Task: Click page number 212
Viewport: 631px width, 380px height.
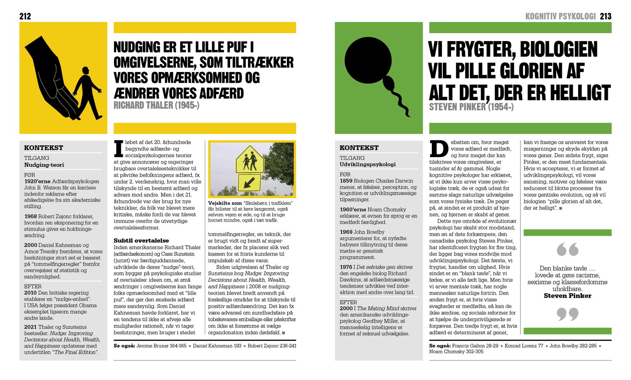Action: [x=25, y=17]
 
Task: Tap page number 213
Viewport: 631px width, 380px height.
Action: [x=605, y=17]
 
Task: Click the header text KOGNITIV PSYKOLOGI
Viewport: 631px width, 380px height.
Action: [x=560, y=17]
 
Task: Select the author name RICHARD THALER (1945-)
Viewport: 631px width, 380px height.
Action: [x=156, y=106]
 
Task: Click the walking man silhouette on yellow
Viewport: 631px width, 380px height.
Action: [x=88, y=92]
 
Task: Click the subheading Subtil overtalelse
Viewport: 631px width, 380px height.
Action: [x=141, y=240]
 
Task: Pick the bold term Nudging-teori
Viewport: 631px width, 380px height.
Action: [x=44, y=165]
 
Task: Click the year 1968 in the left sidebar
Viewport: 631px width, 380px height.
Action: [x=31, y=216]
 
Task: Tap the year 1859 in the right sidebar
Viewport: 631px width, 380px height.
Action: [x=346, y=181]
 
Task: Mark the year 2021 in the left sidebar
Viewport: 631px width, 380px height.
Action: [x=31, y=327]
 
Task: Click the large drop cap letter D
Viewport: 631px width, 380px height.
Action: [x=439, y=149]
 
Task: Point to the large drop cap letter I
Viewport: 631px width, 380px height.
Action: [x=118, y=149]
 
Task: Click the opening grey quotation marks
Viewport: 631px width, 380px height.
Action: [x=567, y=250]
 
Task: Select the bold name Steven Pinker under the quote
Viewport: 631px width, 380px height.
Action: [x=567, y=296]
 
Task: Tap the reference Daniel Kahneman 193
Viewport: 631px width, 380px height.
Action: [x=217, y=346]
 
